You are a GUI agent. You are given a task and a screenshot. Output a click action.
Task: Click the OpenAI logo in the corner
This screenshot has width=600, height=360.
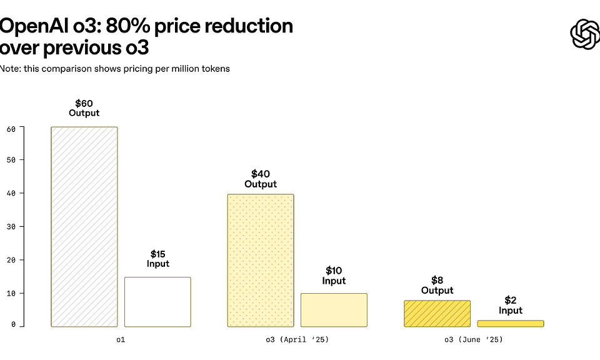[584, 34]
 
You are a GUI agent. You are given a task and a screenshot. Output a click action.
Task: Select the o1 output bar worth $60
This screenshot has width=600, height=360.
[84, 226]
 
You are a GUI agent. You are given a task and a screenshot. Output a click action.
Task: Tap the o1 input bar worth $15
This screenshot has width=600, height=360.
[157, 301]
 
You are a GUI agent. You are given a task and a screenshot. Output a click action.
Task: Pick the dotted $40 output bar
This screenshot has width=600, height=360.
[260, 260]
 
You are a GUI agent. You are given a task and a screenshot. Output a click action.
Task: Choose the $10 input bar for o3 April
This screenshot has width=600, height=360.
[334, 310]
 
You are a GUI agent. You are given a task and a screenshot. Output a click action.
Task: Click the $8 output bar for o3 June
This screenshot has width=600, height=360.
[437, 314]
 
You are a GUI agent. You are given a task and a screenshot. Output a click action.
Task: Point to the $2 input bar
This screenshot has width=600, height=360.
[511, 323]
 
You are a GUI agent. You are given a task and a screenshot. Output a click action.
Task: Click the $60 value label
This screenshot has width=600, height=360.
[84, 103]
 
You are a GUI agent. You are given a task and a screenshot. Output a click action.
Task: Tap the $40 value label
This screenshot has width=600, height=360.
[261, 174]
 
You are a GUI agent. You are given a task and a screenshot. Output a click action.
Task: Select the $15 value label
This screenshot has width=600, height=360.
[158, 254]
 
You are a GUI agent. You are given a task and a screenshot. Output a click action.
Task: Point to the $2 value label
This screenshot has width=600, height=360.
[511, 300]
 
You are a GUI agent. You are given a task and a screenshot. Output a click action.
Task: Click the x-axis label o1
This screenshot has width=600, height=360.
[121, 340]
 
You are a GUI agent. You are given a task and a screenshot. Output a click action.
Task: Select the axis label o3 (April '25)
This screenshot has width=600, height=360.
[297, 340]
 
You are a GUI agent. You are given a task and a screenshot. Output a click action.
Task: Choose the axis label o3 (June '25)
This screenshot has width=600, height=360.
[473, 340]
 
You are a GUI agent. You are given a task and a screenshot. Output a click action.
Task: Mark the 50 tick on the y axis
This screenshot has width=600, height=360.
[11, 159]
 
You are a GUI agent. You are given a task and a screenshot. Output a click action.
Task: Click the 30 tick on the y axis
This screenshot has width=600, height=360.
[11, 226]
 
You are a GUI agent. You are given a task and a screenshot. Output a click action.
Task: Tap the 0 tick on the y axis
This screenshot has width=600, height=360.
[13, 325]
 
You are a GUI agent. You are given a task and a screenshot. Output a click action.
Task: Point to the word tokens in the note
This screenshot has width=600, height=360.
[215, 69]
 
